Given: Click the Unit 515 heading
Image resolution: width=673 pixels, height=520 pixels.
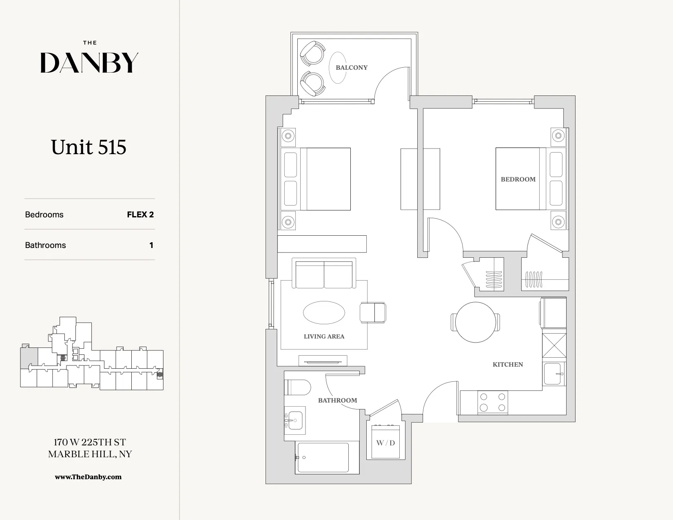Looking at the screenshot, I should (x=89, y=147).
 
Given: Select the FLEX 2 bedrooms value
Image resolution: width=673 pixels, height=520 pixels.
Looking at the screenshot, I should (x=140, y=215).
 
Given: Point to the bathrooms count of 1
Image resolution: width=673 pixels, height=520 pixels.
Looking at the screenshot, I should (x=151, y=245).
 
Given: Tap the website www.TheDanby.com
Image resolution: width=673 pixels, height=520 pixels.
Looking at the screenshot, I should (x=88, y=477).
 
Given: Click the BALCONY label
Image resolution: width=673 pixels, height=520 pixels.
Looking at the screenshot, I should (x=352, y=68).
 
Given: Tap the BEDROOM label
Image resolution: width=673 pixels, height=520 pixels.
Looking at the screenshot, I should (x=518, y=179).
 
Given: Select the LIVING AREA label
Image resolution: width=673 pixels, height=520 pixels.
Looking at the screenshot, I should (x=324, y=336).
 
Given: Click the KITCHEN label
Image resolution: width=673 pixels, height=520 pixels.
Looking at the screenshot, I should (x=507, y=365).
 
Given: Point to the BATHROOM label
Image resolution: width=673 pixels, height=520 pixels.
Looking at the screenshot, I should (x=337, y=401).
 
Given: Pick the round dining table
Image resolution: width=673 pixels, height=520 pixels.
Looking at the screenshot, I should (x=476, y=322).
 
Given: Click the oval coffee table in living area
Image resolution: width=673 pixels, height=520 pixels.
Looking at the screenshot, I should (x=324, y=313).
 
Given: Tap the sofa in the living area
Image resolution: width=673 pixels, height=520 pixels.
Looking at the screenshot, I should (x=324, y=274).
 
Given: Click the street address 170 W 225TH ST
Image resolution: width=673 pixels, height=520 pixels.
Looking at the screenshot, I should (x=90, y=442).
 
